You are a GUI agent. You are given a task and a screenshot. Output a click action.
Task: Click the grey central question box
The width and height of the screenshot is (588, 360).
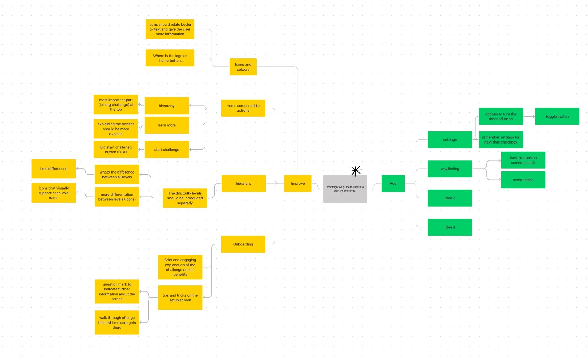pyautogui.click(x=345, y=189)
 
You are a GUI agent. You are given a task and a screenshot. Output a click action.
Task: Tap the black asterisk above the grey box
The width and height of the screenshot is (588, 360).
pyautogui.click(x=356, y=171)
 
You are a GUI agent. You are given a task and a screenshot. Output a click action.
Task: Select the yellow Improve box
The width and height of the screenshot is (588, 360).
pyautogui.click(x=298, y=183)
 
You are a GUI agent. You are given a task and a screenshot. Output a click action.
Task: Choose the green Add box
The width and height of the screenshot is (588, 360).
pyautogui.click(x=393, y=183)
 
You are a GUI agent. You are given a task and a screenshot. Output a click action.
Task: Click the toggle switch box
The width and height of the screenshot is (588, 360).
pyautogui.click(x=557, y=116)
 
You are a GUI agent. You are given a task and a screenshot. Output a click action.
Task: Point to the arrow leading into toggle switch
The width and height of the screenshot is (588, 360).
pyautogui.click(x=529, y=116)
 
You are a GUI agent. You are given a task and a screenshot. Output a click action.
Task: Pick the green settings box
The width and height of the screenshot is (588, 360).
pyautogui.click(x=450, y=140)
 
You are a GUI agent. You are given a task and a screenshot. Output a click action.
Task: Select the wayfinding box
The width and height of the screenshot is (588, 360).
pyautogui.click(x=450, y=169)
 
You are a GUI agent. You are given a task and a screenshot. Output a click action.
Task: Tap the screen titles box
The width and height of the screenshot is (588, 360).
pyautogui.click(x=523, y=180)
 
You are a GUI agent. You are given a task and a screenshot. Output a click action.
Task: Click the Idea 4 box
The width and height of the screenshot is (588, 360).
pyautogui.click(x=450, y=227)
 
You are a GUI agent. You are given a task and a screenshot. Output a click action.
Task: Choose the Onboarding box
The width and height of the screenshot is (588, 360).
pyautogui.click(x=243, y=244)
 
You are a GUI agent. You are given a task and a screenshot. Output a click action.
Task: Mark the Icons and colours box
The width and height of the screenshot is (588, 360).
pyautogui.click(x=243, y=67)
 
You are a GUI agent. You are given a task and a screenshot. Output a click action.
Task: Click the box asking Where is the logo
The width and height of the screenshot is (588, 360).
pyautogui.click(x=170, y=58)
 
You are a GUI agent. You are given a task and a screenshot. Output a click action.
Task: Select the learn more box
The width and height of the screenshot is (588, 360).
pyautogui.click(x=166, y=125)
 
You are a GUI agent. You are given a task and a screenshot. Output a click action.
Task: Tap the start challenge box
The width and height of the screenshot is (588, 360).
pyautogui.click(x=166, y=149)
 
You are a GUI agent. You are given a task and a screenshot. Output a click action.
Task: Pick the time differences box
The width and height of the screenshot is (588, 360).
pyautogui.click(x=54, y=168)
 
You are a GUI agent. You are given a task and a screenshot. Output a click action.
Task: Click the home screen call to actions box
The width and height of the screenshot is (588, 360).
pyautogui.click(x=243, y=108)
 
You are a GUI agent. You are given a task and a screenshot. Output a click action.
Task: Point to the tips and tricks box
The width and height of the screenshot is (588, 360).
pyautogui.click(x=180, y=298)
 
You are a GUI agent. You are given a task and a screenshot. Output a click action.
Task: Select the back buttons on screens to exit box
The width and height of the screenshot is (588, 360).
pyautogui.click(x=523, y=160)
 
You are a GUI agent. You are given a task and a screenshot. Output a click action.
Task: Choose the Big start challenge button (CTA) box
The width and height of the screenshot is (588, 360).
pyautogui.click(x=116, y=150)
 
